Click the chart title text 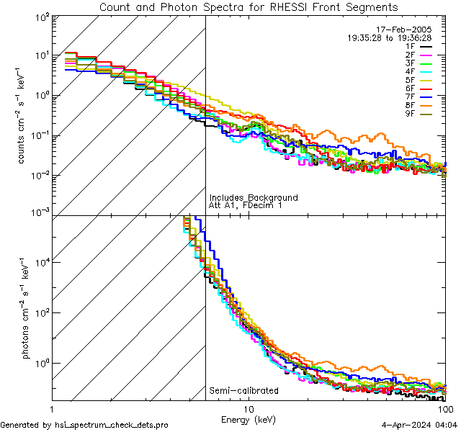point(249,7)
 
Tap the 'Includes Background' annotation point(254,197)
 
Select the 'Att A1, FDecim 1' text point(246,205)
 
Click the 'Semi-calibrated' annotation point(243,391)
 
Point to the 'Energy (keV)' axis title point(249,419)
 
